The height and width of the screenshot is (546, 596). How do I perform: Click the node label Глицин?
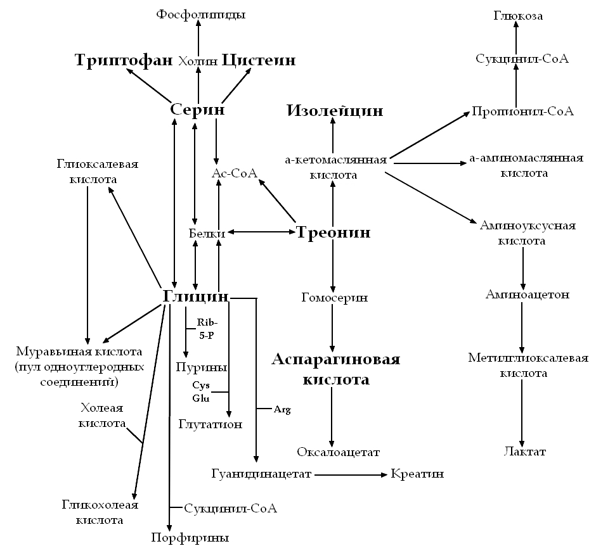pyautogui.click(x=196, y=296)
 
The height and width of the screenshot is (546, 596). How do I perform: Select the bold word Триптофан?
pyautogui.click(x=124, y=60)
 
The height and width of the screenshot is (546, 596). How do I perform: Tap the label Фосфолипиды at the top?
pyautogui.click(x=201, y=14)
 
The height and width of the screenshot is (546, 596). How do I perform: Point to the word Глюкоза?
pyautogui.click(x=518, y=16)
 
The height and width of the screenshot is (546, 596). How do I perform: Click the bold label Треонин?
pyautogui.click(x=334, y=232)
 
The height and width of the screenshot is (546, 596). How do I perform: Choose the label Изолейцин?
pyautogui.click(x=335, y=111)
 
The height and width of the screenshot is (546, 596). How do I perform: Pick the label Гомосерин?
pyautogui.click(x=334, y=297)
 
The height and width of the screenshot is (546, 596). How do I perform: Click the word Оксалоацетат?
pyautogui.click(x=338, y=452)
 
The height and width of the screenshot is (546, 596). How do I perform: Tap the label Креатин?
pyautogui.click(x=417, y=474)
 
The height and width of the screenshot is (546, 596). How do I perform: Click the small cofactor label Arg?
pyautogui.click(x=282, y=410)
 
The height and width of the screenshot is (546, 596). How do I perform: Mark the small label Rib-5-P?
pyautogui.click(x=207, y=329)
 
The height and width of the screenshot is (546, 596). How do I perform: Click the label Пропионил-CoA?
pyautogui.click(x=522, y=111)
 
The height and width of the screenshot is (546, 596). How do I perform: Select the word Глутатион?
pyautogui.click(x=211, y=424)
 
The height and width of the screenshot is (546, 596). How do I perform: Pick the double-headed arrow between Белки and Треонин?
pyautogui.click(x=262, y=232)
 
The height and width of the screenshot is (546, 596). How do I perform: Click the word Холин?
pyautogui.click(x=198, y=61)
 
